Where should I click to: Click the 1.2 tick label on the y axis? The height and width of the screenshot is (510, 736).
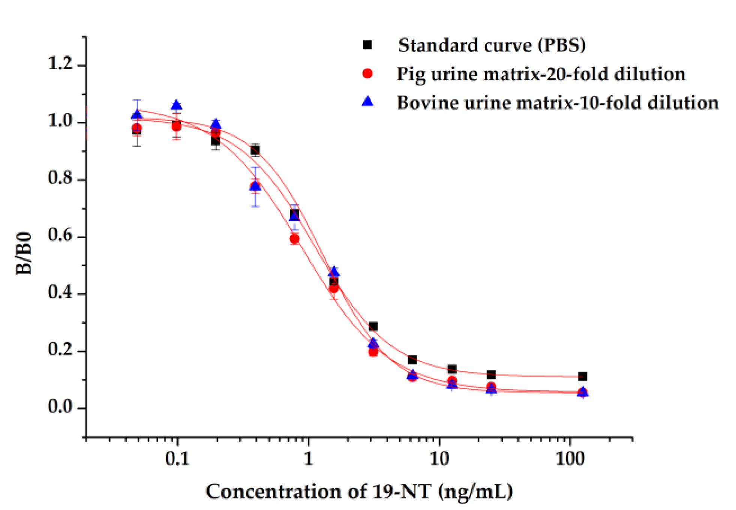(60, 64)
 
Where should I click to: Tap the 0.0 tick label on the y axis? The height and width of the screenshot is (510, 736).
(60, 407)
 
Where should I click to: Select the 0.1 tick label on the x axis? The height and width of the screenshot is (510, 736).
(177, 459)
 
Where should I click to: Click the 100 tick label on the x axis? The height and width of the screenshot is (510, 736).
(570, 459)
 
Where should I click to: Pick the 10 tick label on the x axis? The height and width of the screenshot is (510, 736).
(439, 459)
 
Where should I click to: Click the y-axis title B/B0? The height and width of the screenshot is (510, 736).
(24, 254)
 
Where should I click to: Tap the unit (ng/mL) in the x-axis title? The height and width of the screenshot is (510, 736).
(475, 492)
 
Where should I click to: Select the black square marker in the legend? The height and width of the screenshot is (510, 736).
(367, 45)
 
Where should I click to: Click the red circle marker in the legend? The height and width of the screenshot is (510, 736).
(367, 73)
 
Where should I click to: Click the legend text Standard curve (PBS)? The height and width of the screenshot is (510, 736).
(492, 45)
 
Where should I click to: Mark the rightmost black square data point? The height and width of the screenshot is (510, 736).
(582, 376)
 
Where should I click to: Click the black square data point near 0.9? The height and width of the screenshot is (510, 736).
(255, 150)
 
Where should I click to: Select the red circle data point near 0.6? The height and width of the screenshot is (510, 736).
(294, 239)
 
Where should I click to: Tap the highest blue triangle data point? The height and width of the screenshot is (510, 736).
(176, 105)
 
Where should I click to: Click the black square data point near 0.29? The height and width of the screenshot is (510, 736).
(373, 326)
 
